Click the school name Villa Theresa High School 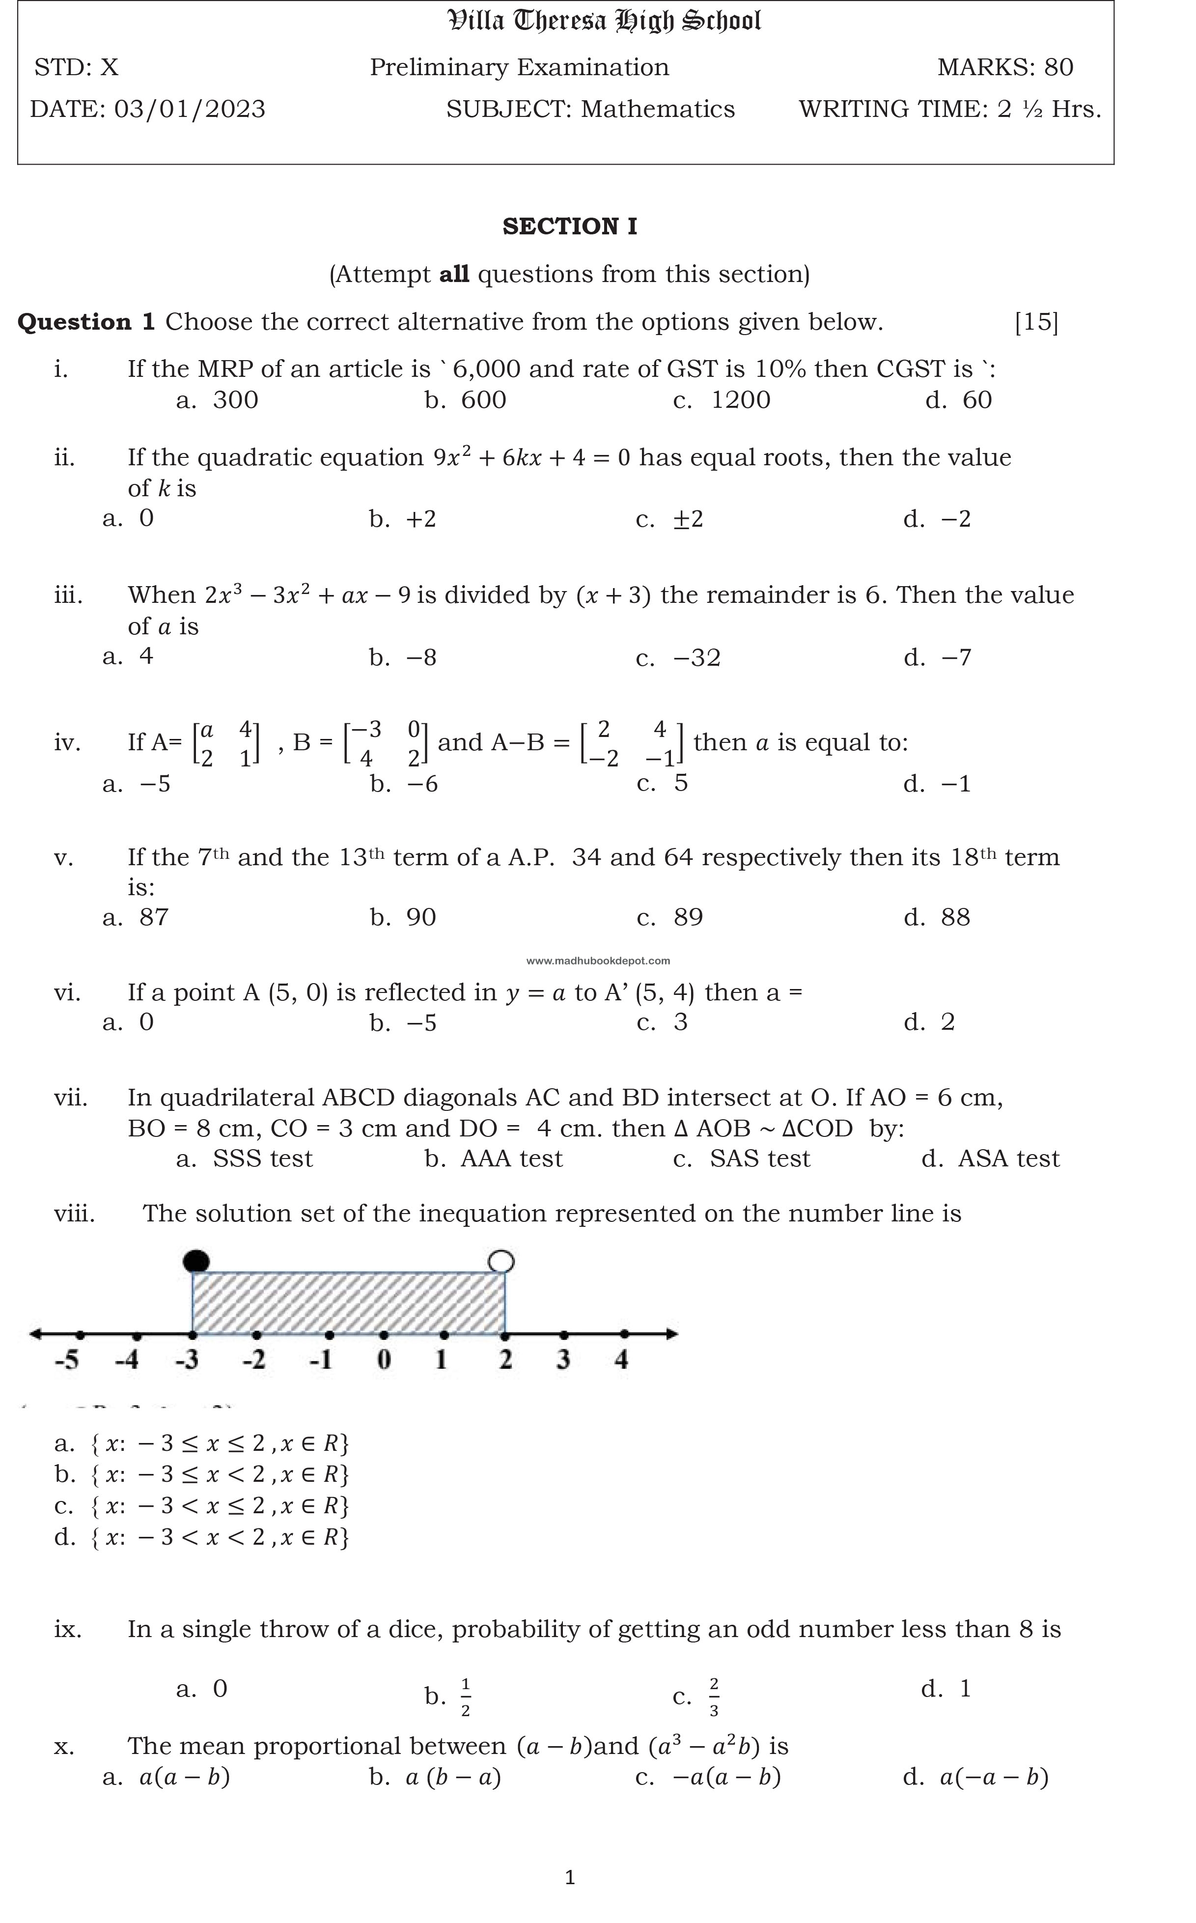click(x=604, y=21)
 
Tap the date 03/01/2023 click(x=190, y=109)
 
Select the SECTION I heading click(x=570, y=227)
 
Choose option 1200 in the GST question click(x=740, y=400)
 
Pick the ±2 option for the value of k click(x=687, y=520)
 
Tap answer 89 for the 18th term click(x=687, y=918)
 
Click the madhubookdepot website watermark click(x=598, y=961)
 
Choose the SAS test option click(x=759, y=1159)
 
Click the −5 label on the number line click(x=67, y=1360)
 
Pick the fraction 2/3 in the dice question click(x=714, y=1697)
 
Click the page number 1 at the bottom click(x=570, y=1877)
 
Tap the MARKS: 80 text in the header click(x=1004, y=68)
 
